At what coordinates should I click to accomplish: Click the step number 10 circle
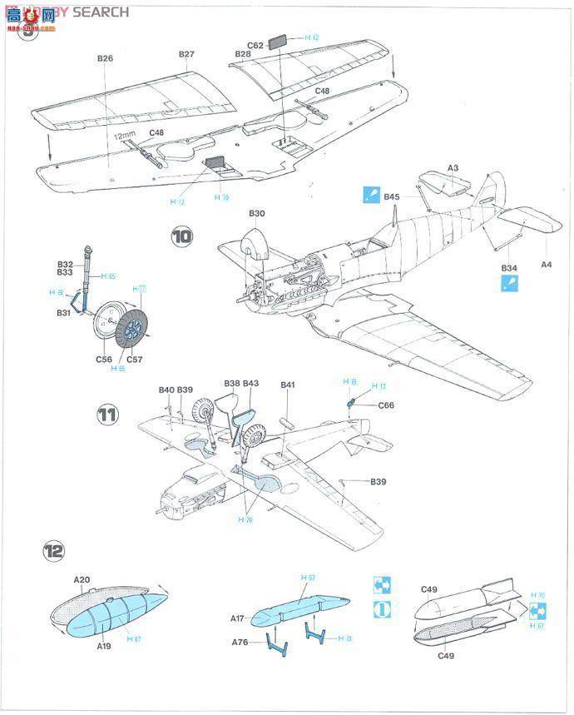[182, 236]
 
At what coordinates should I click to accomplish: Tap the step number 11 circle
[106, 415]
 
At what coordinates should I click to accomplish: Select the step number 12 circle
[54, 550]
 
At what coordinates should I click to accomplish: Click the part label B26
[105, 59]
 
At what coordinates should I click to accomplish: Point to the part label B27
[186, 54]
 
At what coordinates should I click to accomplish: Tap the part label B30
[257, 214]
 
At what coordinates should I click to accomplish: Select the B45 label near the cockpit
[392, 197]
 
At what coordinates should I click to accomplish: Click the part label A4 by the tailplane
[547, 265]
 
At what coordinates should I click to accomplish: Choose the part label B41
[289, 385]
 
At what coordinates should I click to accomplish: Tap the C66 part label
[386, 405]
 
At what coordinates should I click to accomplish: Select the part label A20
[81, 579]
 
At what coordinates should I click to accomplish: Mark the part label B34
[509, 267]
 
